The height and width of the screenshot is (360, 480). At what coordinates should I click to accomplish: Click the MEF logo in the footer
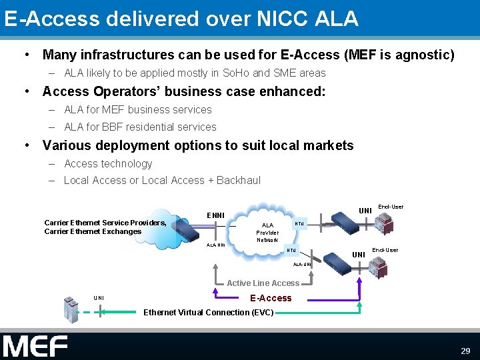click(35, 346)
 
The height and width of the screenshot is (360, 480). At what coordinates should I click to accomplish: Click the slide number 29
click(465, 350)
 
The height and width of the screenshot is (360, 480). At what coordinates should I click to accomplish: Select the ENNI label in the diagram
click(215, 215)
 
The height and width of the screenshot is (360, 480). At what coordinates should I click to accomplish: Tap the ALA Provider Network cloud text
click(267, 232)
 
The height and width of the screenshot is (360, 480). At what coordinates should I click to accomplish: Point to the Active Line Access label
click(263, 283)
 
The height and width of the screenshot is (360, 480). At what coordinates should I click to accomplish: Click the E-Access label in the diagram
click(271, 298)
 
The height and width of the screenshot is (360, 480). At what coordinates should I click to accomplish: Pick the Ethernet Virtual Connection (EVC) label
click(209, 312)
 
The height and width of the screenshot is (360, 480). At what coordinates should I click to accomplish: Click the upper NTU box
click(299, 224)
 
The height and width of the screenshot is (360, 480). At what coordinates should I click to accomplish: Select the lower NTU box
click(291, 251)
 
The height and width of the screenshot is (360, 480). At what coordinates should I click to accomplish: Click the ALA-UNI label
click(303, 265)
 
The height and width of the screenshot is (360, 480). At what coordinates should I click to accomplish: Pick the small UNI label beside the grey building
click(99, 297)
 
